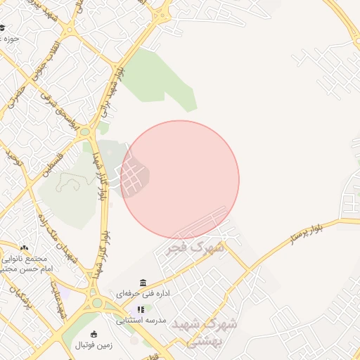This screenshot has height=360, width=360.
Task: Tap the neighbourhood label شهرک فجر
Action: click(x=196, y=247)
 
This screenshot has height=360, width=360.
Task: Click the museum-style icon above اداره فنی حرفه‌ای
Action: click(x=143, y=283)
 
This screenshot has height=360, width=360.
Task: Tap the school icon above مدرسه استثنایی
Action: click(x=141, y=309)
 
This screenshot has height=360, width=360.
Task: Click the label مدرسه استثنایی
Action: click(x=141, y=320)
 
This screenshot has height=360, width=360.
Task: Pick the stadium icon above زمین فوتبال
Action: click(x=95, y=334)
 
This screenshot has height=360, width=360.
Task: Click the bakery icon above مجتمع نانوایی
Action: click(x=25, y=248)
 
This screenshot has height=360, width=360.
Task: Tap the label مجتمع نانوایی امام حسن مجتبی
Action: click(x=25, y=264)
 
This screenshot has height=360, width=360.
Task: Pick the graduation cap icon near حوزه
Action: click(x=2, y=28)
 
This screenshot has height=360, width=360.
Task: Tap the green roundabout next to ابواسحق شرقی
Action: click(x=85, y=131)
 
